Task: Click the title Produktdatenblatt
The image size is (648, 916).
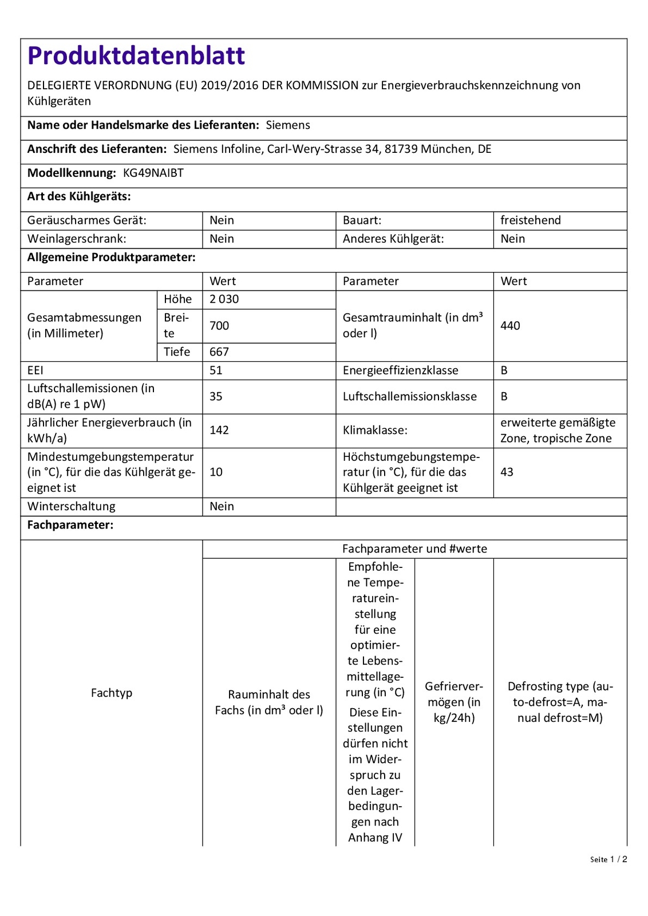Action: tap(136, 56)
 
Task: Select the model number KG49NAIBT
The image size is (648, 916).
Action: tap(153, 173)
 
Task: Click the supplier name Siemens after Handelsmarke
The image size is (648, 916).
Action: tap(288, 125)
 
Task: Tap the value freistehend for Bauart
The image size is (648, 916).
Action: tap(530, 220)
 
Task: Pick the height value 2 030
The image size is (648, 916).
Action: tap(224, 299)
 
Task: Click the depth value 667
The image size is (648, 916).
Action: tap(219, 352)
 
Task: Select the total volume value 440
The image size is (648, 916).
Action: tap(510, 326)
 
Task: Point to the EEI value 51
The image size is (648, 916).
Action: tap(216, 370)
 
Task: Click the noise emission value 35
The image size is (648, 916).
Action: tap(216, 397)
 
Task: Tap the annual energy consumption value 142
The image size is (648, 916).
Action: tap(219, 431)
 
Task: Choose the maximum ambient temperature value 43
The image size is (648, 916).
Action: tap(507, 472)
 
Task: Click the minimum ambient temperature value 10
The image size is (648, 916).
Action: tap(216, 472)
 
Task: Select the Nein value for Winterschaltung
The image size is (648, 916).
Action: tap(222, 507)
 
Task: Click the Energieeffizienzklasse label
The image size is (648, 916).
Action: tap(400, 370)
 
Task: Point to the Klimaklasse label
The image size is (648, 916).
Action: tap(375, 431)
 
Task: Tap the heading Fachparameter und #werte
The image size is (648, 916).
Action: tap(414, 549)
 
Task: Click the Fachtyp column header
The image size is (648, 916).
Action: tap(112, 693)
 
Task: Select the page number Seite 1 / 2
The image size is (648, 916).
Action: tap(609, 859)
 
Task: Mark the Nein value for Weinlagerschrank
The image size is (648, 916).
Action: tap(222, 239)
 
